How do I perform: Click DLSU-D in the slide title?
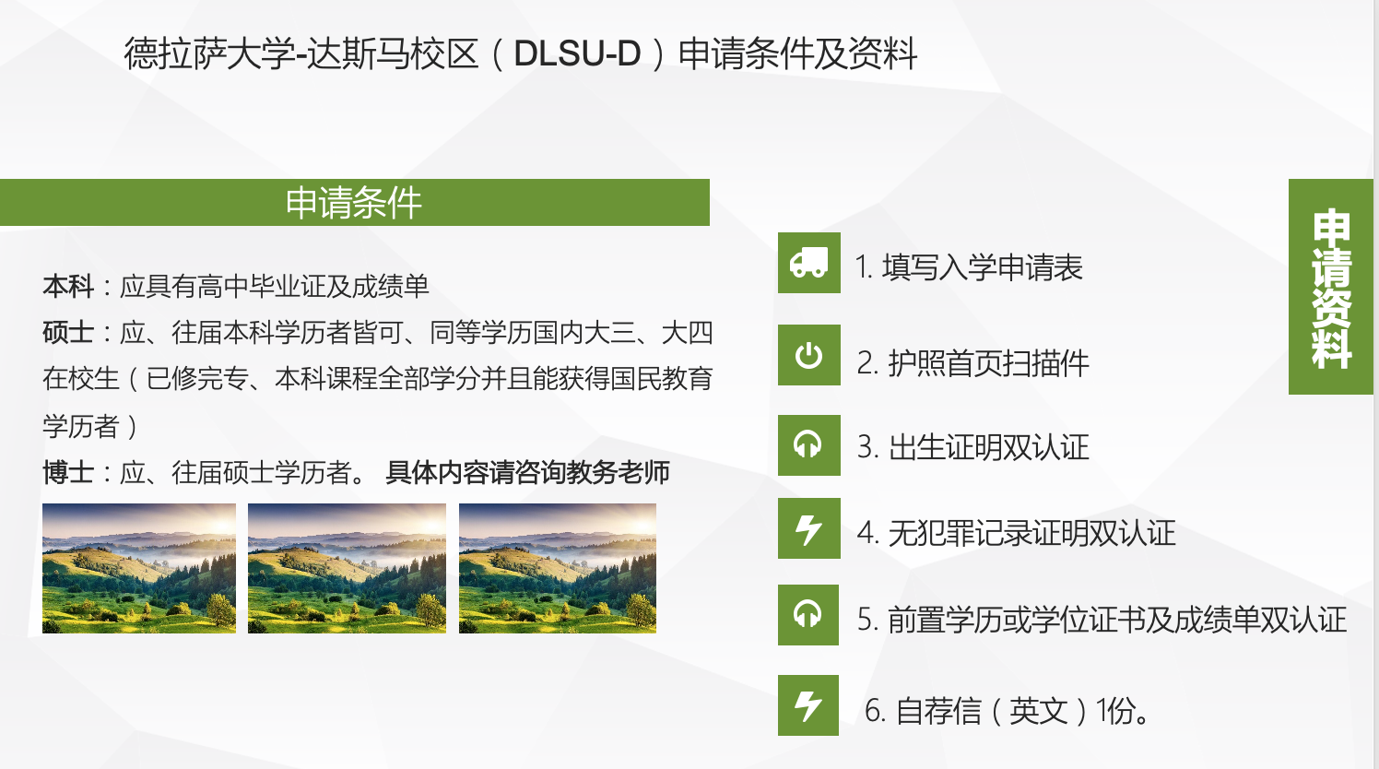pyautogui.click(x=577, y=53)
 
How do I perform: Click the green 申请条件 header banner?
pyautogui.click(x=355, y=203)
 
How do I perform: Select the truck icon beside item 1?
pyautogui.click(x=809, y=263)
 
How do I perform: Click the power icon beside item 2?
pyautogui.click(x=809, y=355)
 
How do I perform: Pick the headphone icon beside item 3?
pyautogui.click(x=809, y=445)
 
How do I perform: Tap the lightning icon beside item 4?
pyautogui.click(x=809, y=528)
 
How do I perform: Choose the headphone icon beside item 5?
pyautogui.click(x=808, y=614)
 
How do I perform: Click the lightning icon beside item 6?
pyautogui.click(x=808, y=705)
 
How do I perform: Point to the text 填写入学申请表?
pyautogui.click(x=982, y=267)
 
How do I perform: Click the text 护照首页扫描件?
pyautogui.click(x=989, y=363)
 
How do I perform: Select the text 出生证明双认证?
pyautogui.click(x=989, y=447)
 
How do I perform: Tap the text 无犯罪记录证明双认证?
pyautogui.click(x=1031, y=533)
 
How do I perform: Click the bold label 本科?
pyautogui.click(x=68, y=286)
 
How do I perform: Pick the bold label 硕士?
pyautogui.click(x=68, y=333)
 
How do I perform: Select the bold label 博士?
pyautogui.click(x=68, y=473)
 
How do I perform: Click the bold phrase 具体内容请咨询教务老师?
pyautogui.click(x=527, y=473)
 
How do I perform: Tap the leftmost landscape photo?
pyautogui.click(x=139, y=568)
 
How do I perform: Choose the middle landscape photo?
pyautogui.click(x=348, y=568)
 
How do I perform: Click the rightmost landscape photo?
pyautogui.click(x=558, y=568)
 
